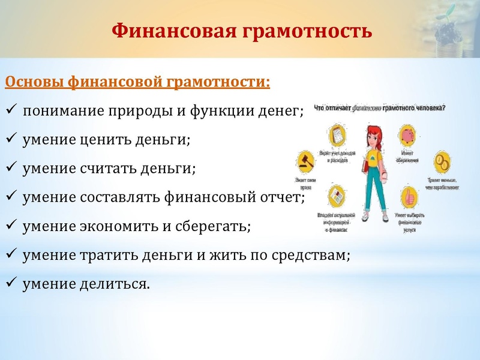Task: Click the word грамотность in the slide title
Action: click(307, 30)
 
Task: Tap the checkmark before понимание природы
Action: click(11, 110)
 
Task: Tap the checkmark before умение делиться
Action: click(11, 283)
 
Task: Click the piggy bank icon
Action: click(407, 134)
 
